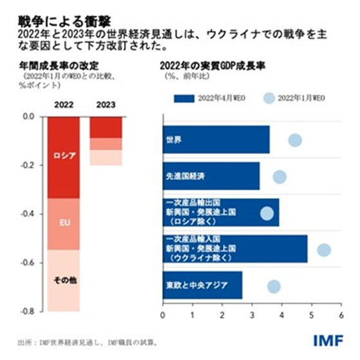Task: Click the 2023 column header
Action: pyautogui.click(x=105, y=105)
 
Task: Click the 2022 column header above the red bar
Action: pyautogui.click(x=63, y=105)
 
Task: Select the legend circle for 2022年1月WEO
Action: pyautogui.click(x=270, y=98)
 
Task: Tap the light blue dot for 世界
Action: pyautogui.click(x=295, y=140)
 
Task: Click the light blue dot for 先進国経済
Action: pyautogui.click(x=280, y=176)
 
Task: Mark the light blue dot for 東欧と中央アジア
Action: pyautogui.click(x=274, y=286)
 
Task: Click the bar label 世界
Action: pyautogui.click(x=174, y=139)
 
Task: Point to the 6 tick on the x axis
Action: pyautogui.click(x=341, y=316)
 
